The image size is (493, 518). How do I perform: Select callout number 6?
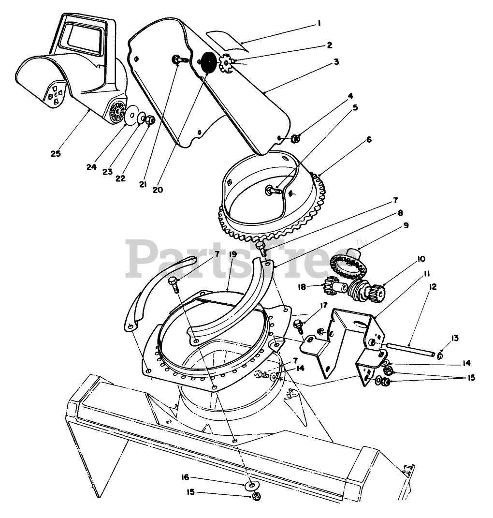[x=369, y=140]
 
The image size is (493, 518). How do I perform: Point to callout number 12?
[x=432, y=287]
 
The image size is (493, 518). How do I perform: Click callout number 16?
[x=185, y=477]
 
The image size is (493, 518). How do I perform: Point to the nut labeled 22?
[x=150, y=119]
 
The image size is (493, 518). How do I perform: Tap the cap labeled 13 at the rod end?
[x=440, y=356]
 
